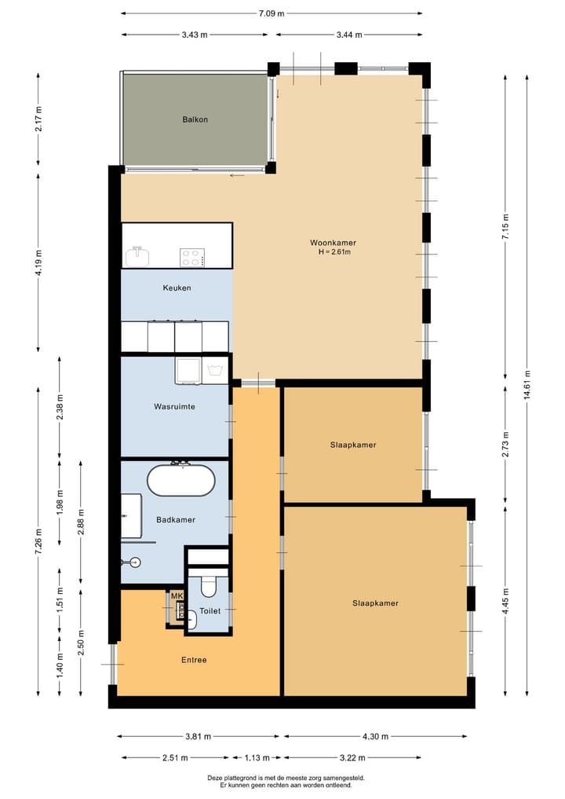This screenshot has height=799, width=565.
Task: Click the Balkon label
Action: [195, 119]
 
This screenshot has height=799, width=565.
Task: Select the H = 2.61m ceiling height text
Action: [334, 252]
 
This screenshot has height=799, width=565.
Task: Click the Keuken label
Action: [177, 288]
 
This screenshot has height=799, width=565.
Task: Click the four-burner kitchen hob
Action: [193, 256]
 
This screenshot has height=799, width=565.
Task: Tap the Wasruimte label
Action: [174, 407]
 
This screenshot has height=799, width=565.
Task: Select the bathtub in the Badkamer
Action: [180, 481]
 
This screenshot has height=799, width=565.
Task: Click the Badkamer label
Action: [176, 519]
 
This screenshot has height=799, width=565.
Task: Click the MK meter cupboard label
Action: [177, 596]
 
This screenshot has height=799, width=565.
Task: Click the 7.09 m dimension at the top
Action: [272, 13]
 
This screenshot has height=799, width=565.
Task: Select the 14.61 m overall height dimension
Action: [527, 384]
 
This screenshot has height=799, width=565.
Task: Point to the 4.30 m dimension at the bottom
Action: [375, 736]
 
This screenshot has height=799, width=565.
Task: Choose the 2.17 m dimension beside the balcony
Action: [38, 120]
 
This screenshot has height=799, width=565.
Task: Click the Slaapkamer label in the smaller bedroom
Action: [352, 445]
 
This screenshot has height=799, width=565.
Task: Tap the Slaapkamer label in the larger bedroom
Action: [375, 603]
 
